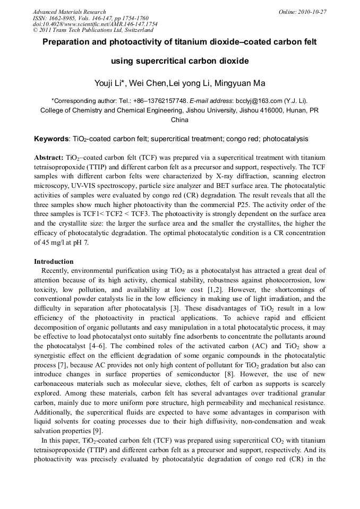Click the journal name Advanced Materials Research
[x=69, y=12]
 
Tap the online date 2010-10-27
[x=314, y=12]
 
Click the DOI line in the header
[x=95, y=24]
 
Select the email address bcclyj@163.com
[x=254, y=100]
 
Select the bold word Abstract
[x=49, y=158]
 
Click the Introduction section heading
[x=54, y=261]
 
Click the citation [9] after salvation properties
[x=99, y=431]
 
